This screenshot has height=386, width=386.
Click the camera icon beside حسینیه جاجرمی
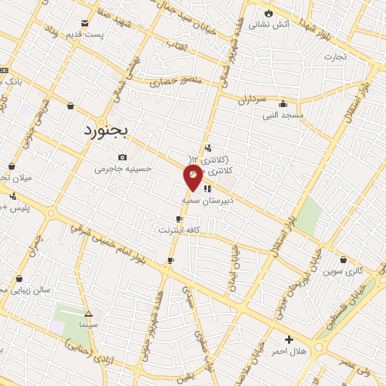coord(123,158)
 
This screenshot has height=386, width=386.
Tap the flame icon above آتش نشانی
coord(268,13)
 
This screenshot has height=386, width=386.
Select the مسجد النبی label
coord(282,115)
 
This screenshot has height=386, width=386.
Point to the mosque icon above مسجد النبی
coord(283,103)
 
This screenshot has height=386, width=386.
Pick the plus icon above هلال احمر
coord(289,340)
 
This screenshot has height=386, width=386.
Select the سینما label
coord(89,323)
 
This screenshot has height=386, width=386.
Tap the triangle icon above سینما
coord(89,312)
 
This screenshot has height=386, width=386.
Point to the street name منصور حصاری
coord(176,79)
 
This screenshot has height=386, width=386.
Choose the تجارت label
coord(334,57)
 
